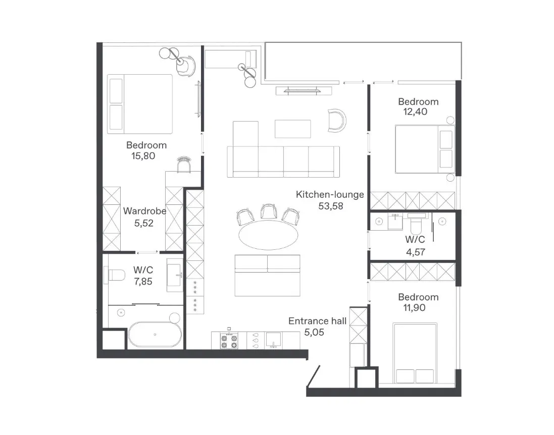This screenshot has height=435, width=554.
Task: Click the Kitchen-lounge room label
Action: point(330,195)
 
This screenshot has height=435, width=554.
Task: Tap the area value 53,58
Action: point(331,206)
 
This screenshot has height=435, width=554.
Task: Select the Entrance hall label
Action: point(317,321)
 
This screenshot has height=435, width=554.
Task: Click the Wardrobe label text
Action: point(144,211)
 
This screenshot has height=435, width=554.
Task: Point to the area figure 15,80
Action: point(143,156)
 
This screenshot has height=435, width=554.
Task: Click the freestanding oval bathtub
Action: point(155,334)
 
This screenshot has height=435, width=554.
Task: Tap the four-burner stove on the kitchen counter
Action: point(229,341)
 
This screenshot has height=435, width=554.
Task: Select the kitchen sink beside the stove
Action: point(273,340)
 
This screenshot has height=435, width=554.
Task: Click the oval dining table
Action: point(268,235)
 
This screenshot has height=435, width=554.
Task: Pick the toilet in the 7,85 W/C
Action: point(116,275)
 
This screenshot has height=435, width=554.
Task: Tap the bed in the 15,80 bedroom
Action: point(140,104)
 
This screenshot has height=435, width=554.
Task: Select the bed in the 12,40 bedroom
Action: point(425,149)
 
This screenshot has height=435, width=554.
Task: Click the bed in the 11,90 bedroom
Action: point(415,353)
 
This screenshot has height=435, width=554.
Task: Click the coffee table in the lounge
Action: point(293,129)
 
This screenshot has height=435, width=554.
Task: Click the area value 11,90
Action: point(415,308)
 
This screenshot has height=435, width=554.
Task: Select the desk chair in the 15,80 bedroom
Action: point(184,165)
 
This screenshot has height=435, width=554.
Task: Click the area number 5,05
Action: point(314,332)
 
